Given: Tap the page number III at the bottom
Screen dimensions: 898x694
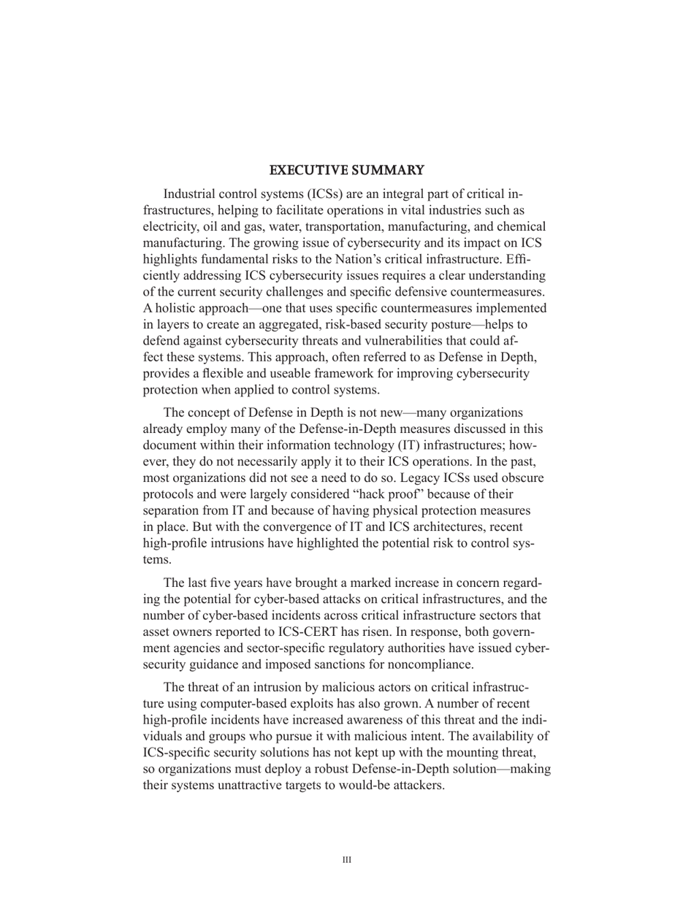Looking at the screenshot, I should click(x=346, y=860).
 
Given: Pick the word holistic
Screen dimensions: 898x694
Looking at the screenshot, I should click(x=178, y=308).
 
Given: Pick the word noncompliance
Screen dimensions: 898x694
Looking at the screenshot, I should click(x=435, y=665).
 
